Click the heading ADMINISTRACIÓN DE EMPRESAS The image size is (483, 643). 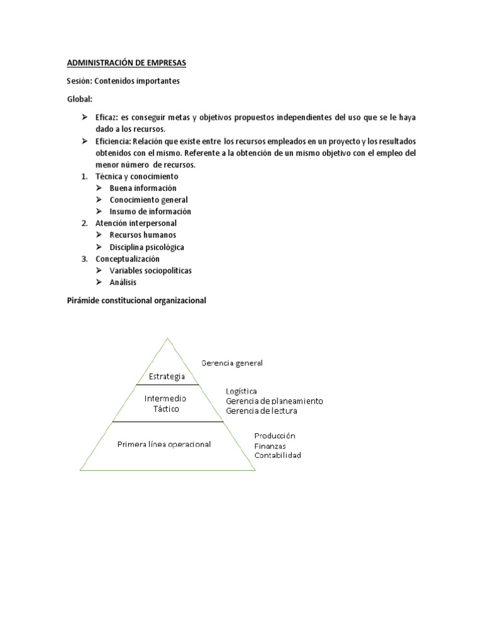127,63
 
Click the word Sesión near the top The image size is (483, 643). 79,81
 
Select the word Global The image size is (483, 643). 79,99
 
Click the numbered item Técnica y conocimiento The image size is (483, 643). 137,176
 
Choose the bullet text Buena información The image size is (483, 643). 143,188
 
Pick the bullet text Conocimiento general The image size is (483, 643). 148,200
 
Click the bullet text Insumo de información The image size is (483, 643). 150,212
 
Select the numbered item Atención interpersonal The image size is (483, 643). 136,223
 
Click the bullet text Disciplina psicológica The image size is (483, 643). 147,247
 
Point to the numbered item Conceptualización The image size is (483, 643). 128,259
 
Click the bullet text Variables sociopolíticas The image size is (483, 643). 150,271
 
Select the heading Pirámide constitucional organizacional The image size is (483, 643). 136,301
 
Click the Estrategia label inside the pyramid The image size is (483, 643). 167,377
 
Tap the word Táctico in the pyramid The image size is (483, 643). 167,409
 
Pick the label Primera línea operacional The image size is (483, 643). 164,445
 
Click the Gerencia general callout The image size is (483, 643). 231,363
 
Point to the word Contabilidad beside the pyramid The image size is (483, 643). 277,455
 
